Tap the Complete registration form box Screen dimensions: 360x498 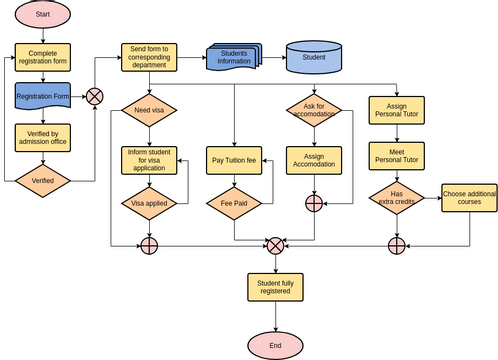coord(43,57)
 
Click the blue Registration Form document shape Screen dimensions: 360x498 coord(43,96)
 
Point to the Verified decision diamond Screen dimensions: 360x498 coord(43,180)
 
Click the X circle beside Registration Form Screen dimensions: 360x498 coord(95,96)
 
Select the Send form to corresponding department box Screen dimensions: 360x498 coord(149,57)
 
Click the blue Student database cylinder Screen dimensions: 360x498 coord(313,57)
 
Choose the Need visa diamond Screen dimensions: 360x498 coord(149,109)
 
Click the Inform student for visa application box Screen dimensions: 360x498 coord(149,160)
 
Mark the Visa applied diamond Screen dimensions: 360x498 coord(149,202)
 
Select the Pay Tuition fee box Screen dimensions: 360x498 coord(234,160)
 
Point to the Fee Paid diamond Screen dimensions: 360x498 coord(234,202)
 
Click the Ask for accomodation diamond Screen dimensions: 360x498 coord(314,109)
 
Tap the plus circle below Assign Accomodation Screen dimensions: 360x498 coord(314,203)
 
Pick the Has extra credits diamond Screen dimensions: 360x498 coord(397,200)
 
